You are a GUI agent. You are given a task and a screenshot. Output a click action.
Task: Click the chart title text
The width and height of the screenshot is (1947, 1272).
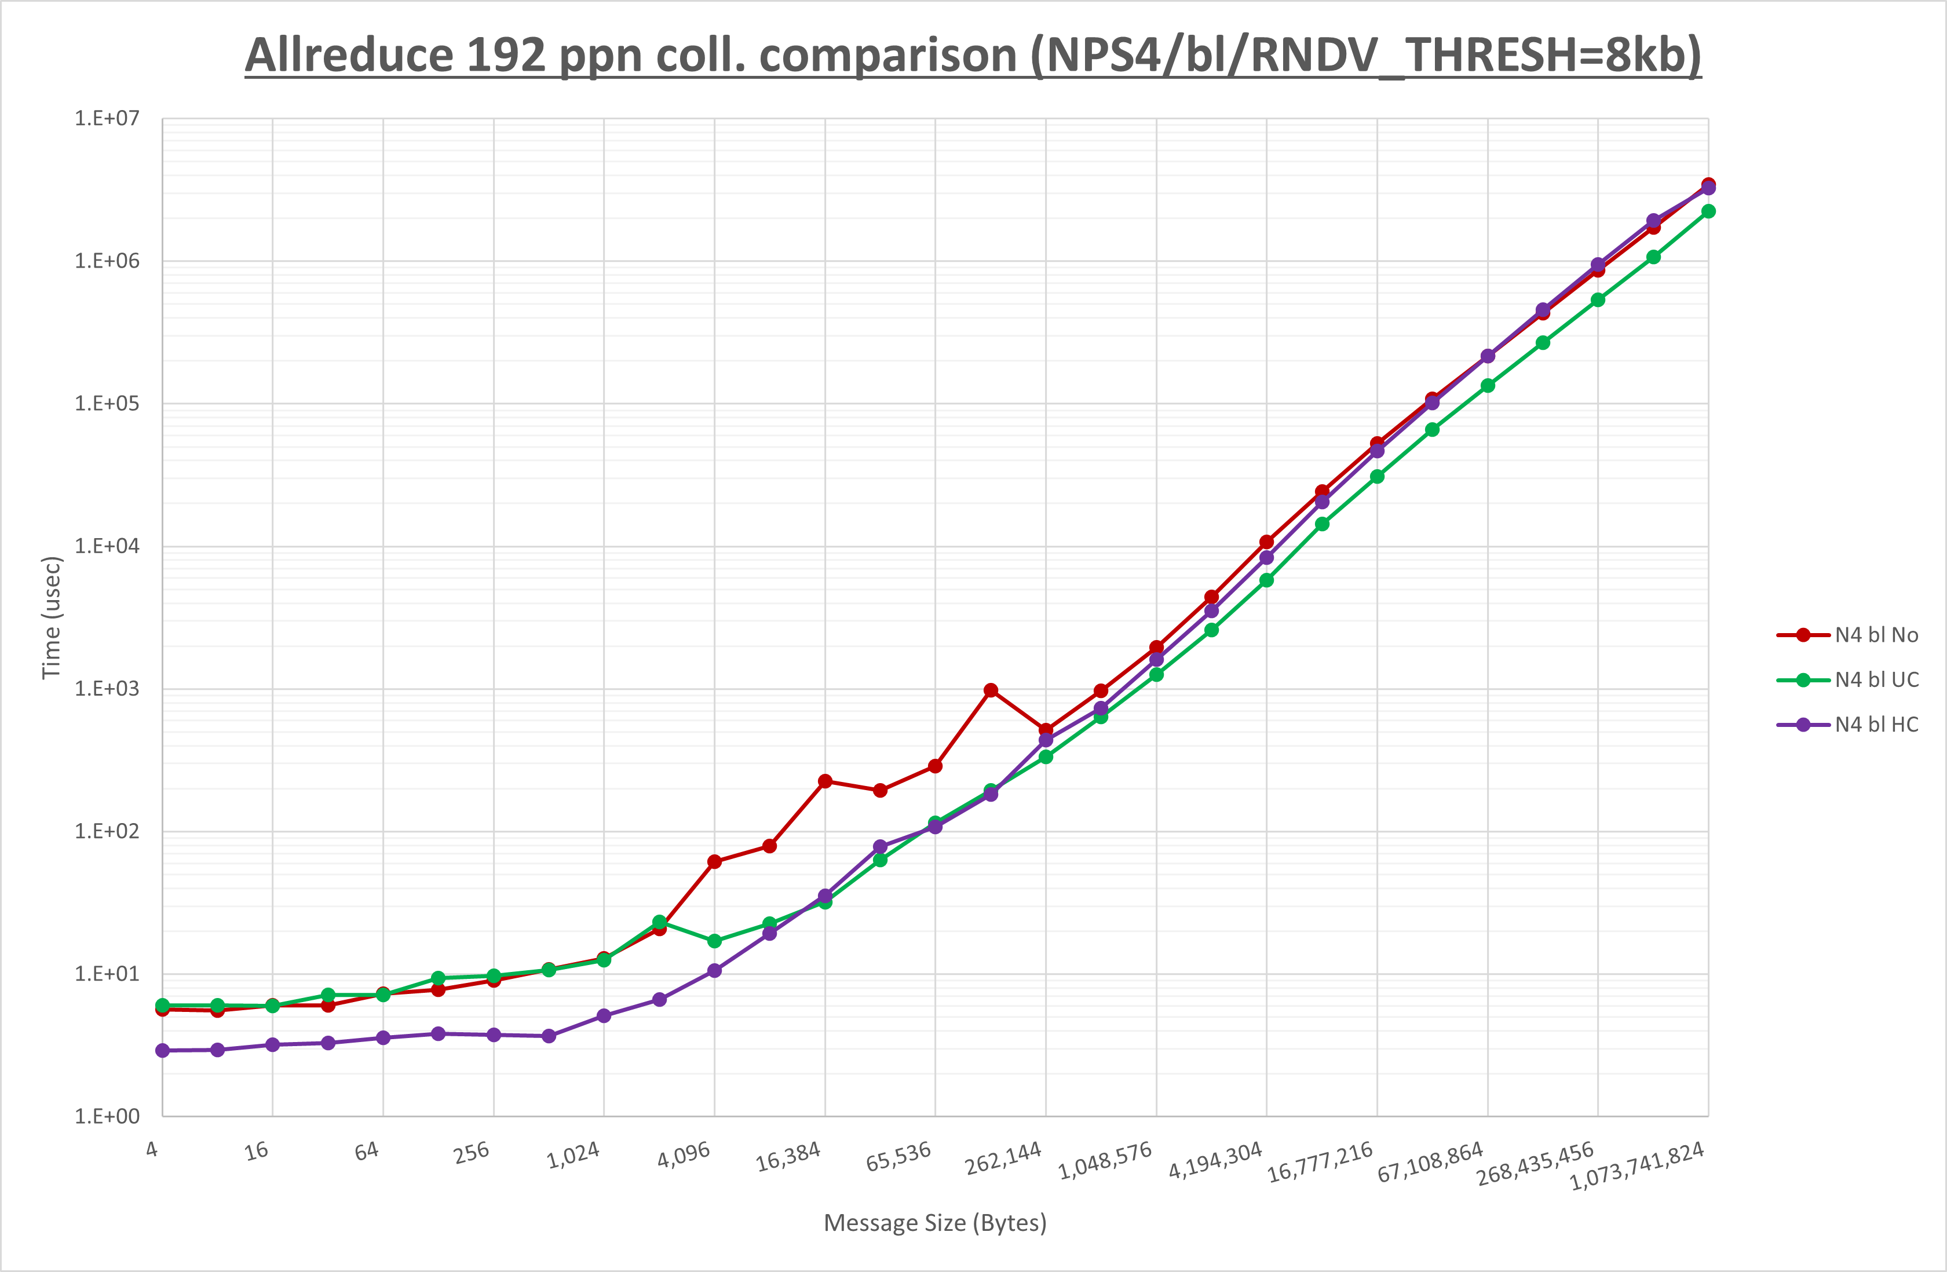[x=973, y=56]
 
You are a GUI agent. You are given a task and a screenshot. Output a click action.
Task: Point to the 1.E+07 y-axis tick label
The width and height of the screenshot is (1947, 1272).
[x=107, y=119]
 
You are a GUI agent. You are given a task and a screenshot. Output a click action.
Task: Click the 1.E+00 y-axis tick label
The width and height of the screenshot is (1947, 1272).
[x=107, y=1117]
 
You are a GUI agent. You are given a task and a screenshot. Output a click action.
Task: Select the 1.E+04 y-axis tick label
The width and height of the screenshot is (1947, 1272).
[x=107, y=546]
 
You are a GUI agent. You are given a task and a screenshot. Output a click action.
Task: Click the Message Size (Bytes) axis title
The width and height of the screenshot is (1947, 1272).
[x=935, y=1223]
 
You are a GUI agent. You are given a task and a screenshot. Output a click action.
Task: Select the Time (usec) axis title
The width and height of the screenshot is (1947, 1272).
[x=52, y=617]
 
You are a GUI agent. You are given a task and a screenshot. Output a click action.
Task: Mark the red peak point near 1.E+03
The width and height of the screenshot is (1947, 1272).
[x=991, y=690]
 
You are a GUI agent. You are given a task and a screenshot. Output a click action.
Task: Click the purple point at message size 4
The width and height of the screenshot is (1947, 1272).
[x=163, y=1050]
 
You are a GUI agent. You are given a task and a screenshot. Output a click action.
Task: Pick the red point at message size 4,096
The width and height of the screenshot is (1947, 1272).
[x=714, y=862]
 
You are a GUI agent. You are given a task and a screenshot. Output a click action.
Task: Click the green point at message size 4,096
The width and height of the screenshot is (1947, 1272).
[x=714, y=941]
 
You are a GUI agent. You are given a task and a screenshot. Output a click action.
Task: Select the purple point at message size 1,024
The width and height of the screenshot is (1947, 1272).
[x=604, y=1016]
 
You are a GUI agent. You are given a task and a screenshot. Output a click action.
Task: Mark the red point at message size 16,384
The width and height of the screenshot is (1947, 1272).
[x=824, y=781]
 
